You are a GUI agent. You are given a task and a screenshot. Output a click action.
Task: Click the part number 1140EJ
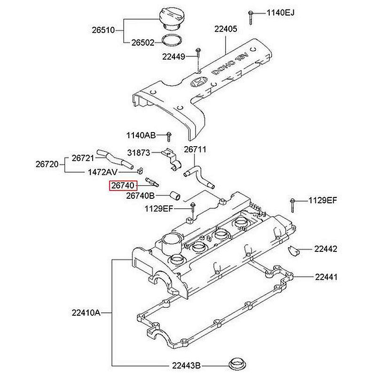coord(280,13)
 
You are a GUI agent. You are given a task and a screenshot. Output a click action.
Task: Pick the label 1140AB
coord(141,135)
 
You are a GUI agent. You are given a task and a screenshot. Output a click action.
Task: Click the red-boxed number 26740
coord(123,186)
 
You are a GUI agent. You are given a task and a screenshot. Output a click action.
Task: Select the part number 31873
coord(139,153)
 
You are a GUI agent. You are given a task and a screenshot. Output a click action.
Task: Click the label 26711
coord(195,149)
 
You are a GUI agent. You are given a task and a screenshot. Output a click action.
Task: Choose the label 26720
coord(47,164)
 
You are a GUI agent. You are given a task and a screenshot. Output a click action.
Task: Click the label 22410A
coord(87,312)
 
